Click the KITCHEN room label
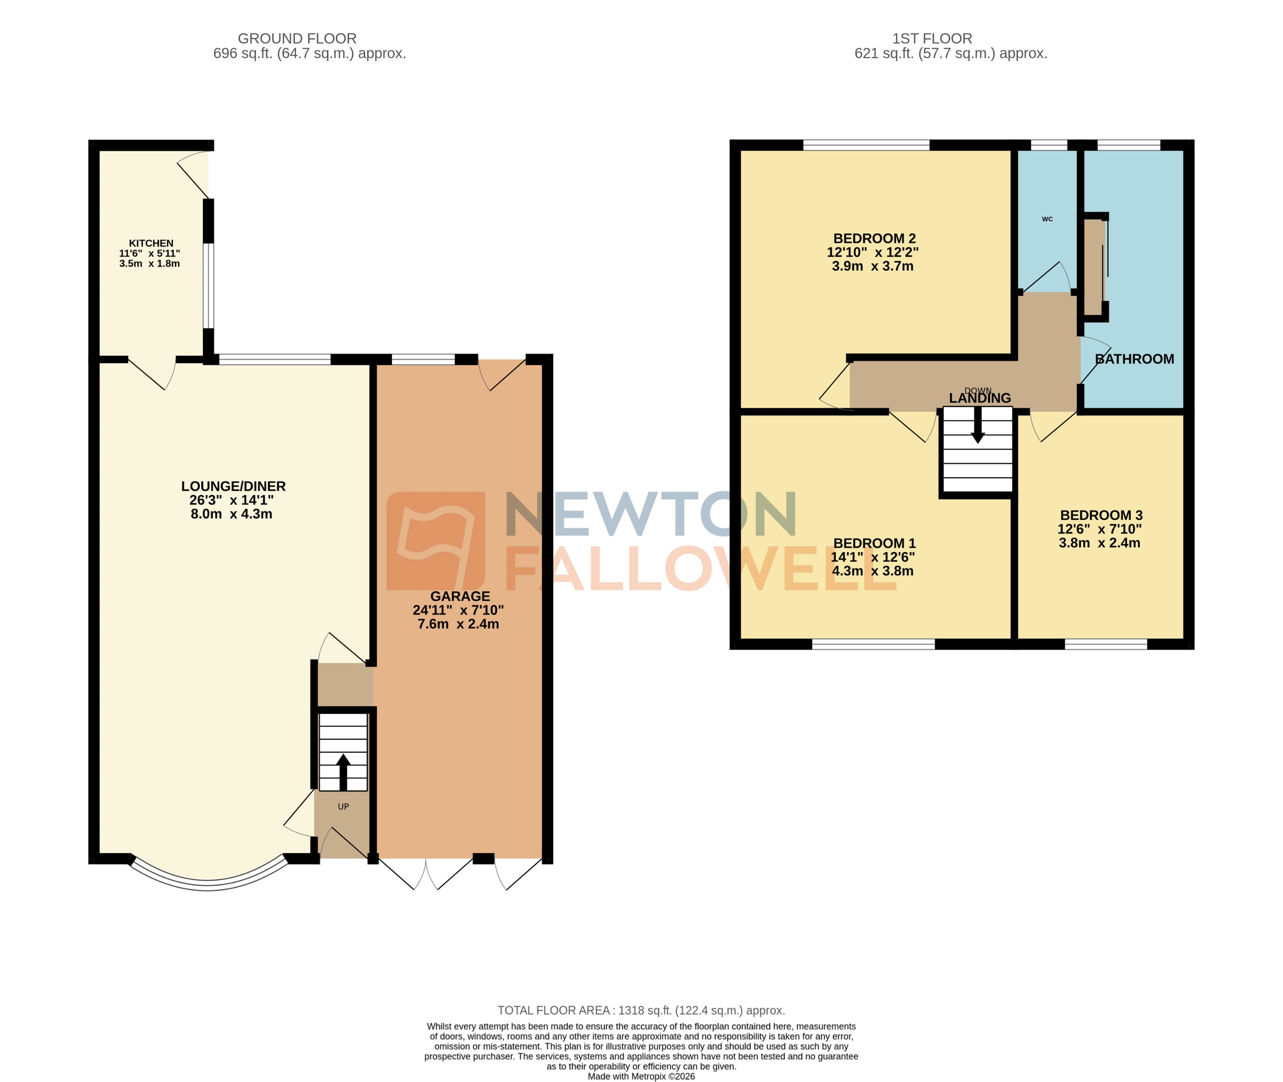(x=151, y=243)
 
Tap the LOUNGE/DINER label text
(x=233, y=486)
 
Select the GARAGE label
(x=460, y=596)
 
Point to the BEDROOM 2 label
(x=875, y=239)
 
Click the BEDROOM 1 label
(x=875, y=544)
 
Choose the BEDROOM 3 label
(x=1101, y=515)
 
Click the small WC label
(x=1047, y=219)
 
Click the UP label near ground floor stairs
(x=343, y=807)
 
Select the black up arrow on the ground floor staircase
(x=343, y=771)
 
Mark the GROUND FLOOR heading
(x=297, y=39)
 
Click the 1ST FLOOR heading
(x=932, y=39)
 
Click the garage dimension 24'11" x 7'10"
(x=458, y=610)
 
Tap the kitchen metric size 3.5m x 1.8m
(x=150, y=264)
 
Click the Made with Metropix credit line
(x=641, y=1076)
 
